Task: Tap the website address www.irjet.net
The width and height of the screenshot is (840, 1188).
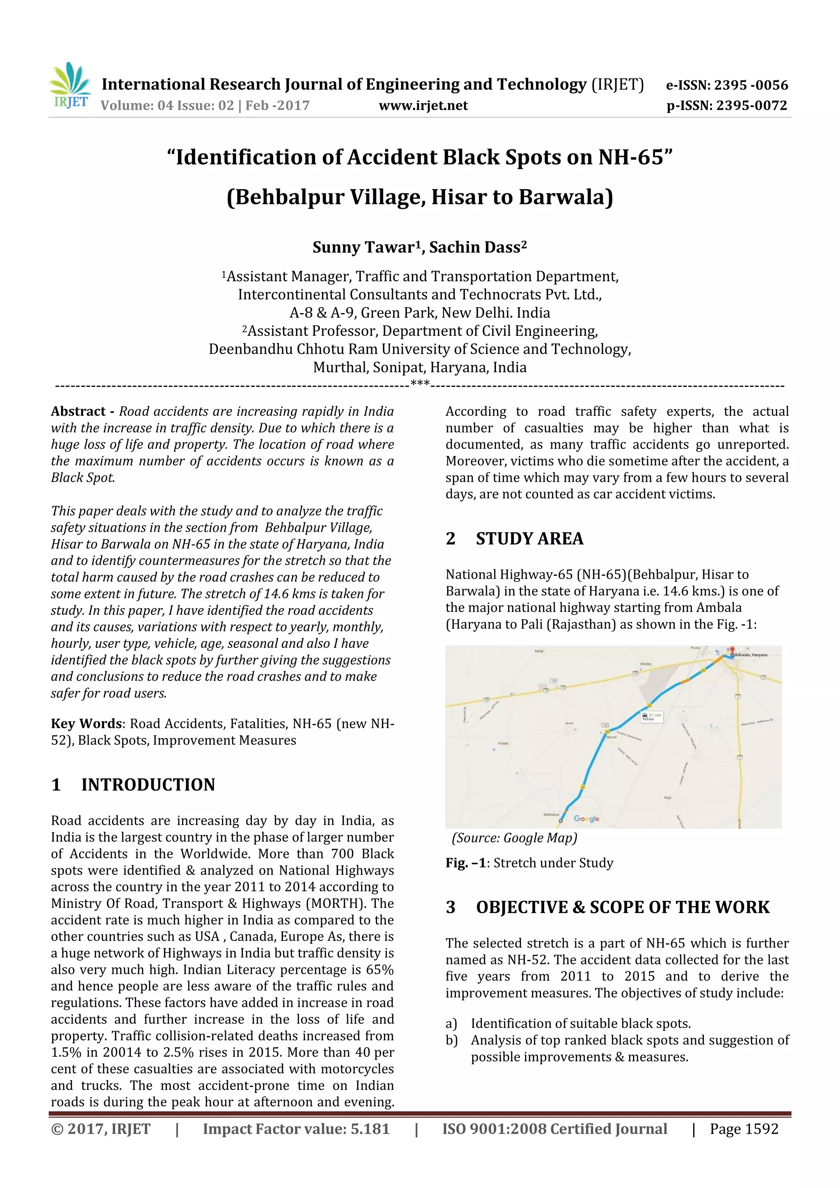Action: click(423, 105)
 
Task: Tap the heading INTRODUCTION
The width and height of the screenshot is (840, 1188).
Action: click(148, 785)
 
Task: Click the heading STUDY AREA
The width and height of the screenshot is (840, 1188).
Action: click(529, 539)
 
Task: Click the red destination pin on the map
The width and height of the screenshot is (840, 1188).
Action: click(732, 650)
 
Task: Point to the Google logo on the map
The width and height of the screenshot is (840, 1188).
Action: click(587, 819)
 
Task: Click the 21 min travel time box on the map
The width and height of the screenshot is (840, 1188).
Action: click(651, 716)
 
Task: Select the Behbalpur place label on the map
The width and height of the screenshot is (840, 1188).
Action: click(550, 815)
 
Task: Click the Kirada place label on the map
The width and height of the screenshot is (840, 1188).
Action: click(503, 743)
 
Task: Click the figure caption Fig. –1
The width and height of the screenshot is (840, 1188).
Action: click(466, 863)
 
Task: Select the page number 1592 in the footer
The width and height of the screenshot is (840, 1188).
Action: click(759, 1129)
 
